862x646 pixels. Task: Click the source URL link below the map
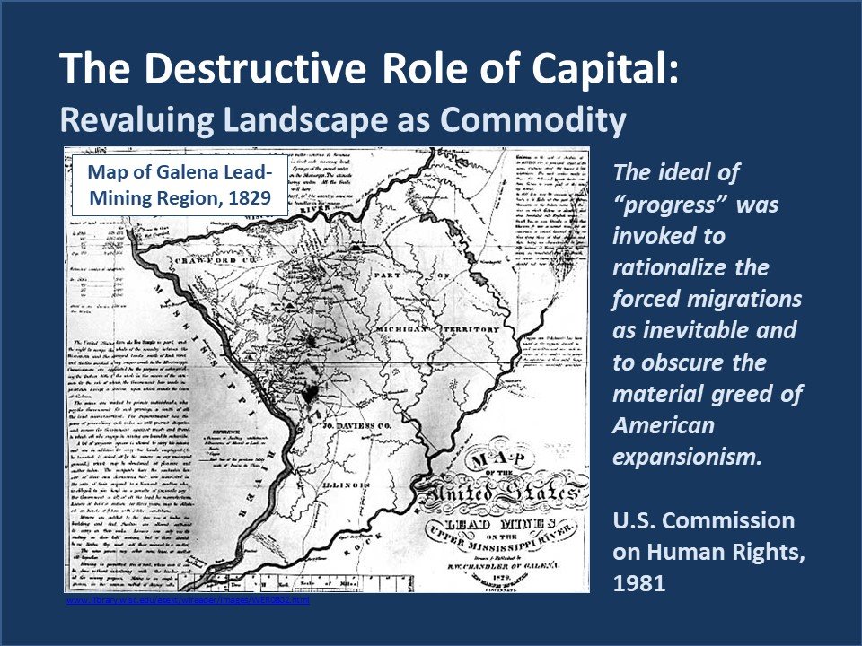point(188,600)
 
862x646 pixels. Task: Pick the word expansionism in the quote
point(687,455)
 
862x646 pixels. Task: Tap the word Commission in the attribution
point(730,521)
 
